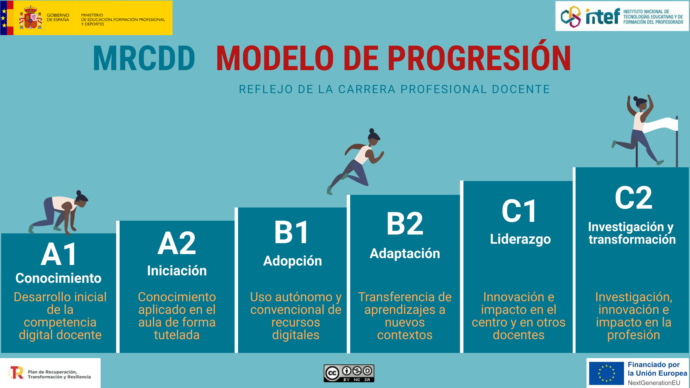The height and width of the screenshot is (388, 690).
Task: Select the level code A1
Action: pyautogui.click(x=59, y=254)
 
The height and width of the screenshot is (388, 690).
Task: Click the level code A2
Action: pyautogui.click(x=177, y=243)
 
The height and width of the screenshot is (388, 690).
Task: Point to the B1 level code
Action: pyautogui.click(x=292, y=233)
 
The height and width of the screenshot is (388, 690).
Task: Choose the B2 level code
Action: pyautogui.click(x=405, y=224)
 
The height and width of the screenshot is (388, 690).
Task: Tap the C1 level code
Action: pyautogui.click(x=519, y=211)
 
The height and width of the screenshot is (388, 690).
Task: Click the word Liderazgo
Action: pyautogui.click(x=520, y=239)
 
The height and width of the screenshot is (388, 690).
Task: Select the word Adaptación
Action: pyautogui.click(x=405, y=254)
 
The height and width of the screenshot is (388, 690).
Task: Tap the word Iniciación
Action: pyautogui.click(x=177, y=271)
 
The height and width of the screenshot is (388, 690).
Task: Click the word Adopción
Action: pyautogui.click(x=293, y=261)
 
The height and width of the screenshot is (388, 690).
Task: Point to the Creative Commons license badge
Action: pyautogui.click(x=349, y=373)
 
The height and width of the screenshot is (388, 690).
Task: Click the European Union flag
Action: pyautogui.click(x=606, y=373)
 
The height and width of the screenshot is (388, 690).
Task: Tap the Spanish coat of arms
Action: pyautogui.click(x=30, y=17)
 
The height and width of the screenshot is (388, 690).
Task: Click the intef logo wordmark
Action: pyautogui.click(x=603, y=17)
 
